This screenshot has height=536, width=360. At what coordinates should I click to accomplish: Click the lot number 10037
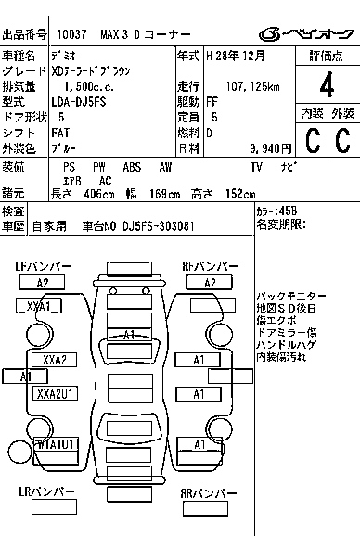click(71, 34)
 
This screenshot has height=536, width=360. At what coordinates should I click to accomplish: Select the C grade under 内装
click(313, 141)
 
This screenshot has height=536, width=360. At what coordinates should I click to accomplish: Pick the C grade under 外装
click(342, 141)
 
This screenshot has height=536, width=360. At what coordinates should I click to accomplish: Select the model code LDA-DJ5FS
click(80, 102)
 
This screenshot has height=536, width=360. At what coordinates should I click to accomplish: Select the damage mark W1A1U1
click(54, 444)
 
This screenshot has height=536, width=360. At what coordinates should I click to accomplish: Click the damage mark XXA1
click(38, 305)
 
